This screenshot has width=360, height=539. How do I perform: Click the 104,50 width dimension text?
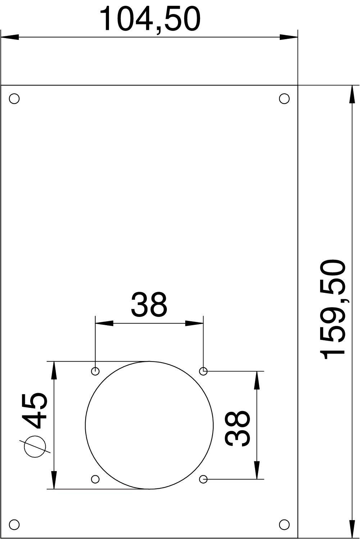pyautogui.click(x=149, y=19)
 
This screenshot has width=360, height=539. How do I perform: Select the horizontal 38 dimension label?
pyautogui.click(x=149, y=304)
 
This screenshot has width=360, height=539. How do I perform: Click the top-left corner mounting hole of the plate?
pyautogui.click(x=14, y=98)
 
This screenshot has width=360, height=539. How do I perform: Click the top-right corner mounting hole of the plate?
pyautogui.click(x=284, y=98)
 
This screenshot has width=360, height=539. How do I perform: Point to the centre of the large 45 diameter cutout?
pyautogui.click(x=149, y=425)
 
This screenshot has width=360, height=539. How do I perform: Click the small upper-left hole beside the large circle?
pyautogui.click(x=96, y=371)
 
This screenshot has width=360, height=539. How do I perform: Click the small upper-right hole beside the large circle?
pyautogui.click(x=204, y=371)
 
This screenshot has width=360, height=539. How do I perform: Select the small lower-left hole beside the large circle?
pyautogui.click(x=96, y=479)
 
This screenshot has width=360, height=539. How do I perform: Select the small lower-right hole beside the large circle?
pyautogui.click(x=204, y=479)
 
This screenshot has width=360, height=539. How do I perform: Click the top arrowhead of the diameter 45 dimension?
pyautogui.click(x=54, y=370)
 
